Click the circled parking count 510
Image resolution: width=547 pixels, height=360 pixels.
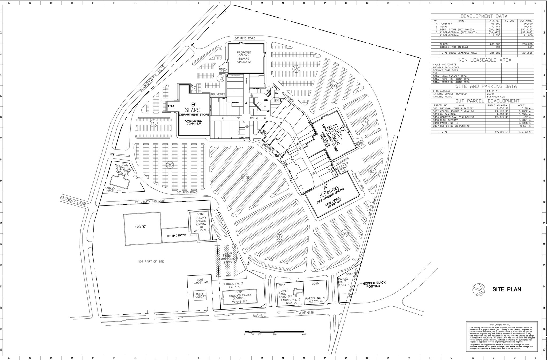[245, 178]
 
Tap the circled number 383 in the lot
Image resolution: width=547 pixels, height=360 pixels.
[170, 165]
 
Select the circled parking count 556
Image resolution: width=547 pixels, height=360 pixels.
[279, 238]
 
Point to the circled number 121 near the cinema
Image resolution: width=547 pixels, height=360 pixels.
[220, 78]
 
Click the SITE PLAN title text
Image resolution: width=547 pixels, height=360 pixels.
[507, 289]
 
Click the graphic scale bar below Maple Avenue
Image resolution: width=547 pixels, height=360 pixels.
[275, 331]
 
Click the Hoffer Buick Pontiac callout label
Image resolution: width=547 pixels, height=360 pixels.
[374, 284]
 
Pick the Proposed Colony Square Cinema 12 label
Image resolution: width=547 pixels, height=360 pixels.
[244, 57]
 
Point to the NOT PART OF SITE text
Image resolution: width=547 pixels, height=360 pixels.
[151, 262]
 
